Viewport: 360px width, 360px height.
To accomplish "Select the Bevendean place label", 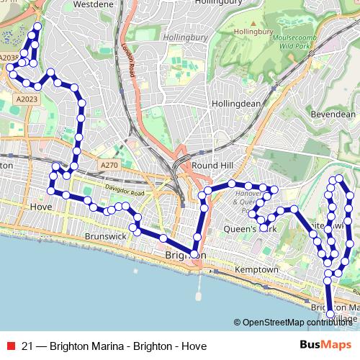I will coord(333,114).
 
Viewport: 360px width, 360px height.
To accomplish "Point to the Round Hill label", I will coord(212,165).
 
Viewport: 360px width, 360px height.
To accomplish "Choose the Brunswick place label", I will coord(105,235).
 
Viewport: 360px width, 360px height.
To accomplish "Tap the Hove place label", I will coord(40,206).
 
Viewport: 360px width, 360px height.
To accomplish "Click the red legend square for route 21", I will coord(9,344).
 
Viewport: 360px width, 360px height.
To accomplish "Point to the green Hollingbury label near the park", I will coord(253,32).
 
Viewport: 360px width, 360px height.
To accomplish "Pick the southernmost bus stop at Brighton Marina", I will coord(330,314).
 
